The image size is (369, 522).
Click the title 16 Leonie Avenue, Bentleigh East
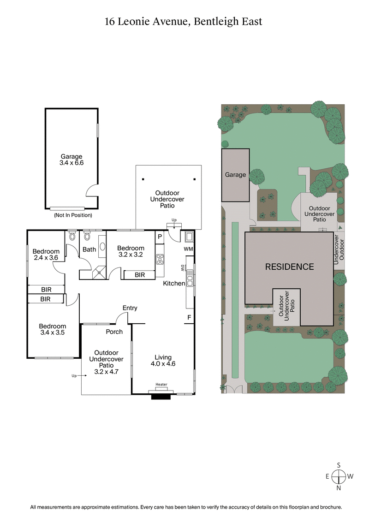pyautogui.click(x=184, y=21)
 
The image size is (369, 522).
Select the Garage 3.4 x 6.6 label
pyautogui.click(x=71, y=160)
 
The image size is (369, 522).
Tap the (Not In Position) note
pyautogui.click(x=73, y=215)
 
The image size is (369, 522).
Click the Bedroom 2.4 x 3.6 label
pyautogui.click(x=46, y=254)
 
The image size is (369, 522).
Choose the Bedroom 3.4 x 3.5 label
pyautogui.click(x=52, y=329)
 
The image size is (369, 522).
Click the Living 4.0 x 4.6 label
pyautogui.click(x=163, y=360)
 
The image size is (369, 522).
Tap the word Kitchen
pyautogui.click(x=174, y=283)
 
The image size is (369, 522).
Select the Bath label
pyautogui.click(x=89, y=249)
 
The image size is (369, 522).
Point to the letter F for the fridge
pyautogui.click(x=189, y=317)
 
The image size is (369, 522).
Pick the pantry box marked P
pyautogui.click(x=160, y=236)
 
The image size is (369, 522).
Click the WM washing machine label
pyautogui.click(x=188, y=249)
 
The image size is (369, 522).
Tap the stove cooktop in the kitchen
pyautogui.click(x=160, y=259)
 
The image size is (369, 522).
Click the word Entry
pyautogui.click(x=130, y=308)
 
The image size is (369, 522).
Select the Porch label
pyautogui.click(x=114, y=332)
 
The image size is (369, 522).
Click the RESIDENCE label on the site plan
pyautogui.click(x=289, y=267)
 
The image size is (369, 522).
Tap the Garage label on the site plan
pyautogui.click(x=235, y=175)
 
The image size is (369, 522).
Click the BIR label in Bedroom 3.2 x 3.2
pyautogui.click(x=139, y=275)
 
